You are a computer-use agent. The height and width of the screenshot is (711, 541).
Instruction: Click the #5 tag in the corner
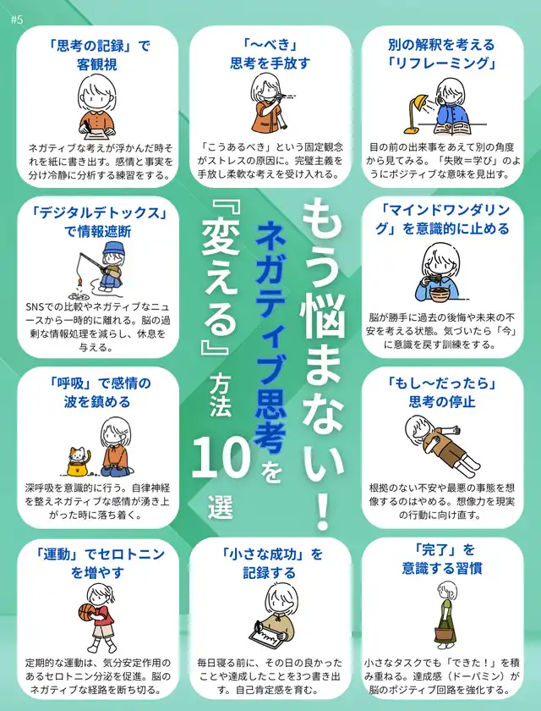(x=16, y=20)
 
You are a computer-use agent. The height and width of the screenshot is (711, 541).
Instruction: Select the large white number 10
(x=221, y=460)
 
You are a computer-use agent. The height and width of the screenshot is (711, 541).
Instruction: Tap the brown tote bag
(x=445, y=637)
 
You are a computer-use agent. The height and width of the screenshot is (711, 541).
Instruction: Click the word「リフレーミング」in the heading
(x=442, y=63)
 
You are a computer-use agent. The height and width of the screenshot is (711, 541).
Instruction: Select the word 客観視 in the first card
(x=97, y=64)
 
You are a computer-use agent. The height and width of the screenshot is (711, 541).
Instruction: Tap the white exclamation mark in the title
(x=322, y=513)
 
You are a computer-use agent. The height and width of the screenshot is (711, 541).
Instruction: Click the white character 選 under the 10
(x=221, y=508)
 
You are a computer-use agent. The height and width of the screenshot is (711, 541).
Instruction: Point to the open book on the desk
(x=453, y=129)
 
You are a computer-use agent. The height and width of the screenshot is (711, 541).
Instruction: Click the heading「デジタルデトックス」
(x=97, y=213)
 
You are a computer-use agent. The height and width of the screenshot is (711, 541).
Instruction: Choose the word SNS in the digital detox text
(x=36, y=307)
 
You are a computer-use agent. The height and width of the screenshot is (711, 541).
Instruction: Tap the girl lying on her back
(x=441, y=444)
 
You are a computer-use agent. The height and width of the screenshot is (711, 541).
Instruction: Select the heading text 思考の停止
(x=442, y=402)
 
